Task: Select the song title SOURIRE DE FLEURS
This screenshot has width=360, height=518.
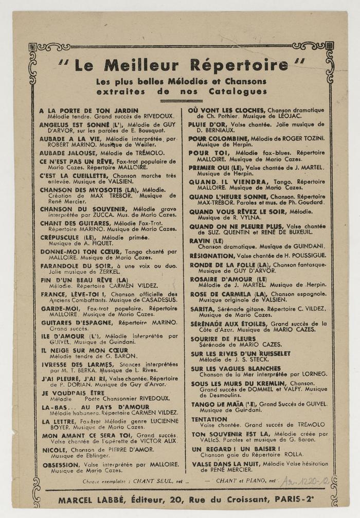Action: tap(223, 340)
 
